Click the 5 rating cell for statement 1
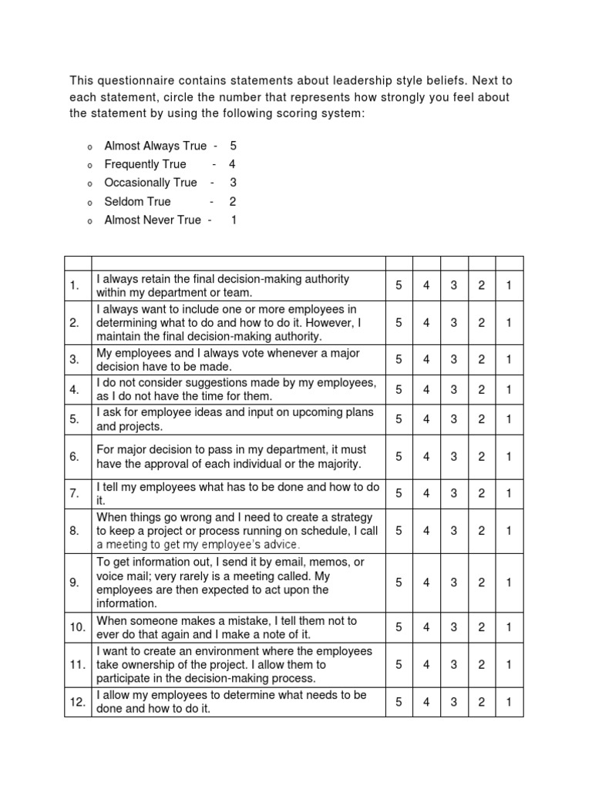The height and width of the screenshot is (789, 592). point(399,286)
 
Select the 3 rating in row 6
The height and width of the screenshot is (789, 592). point(454,456)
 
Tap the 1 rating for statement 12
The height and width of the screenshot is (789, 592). point(509,702)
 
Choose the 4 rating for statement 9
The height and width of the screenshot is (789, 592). point(426,583)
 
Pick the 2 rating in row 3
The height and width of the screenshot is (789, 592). point(481,360)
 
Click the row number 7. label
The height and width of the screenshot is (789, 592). point(75,493)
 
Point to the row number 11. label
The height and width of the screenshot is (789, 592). point(77,664)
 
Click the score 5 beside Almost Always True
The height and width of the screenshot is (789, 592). point(233,146)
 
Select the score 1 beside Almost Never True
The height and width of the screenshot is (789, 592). point(234,220)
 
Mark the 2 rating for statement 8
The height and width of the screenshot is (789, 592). point(481,530)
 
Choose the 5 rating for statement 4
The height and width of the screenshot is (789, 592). point(399,390)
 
